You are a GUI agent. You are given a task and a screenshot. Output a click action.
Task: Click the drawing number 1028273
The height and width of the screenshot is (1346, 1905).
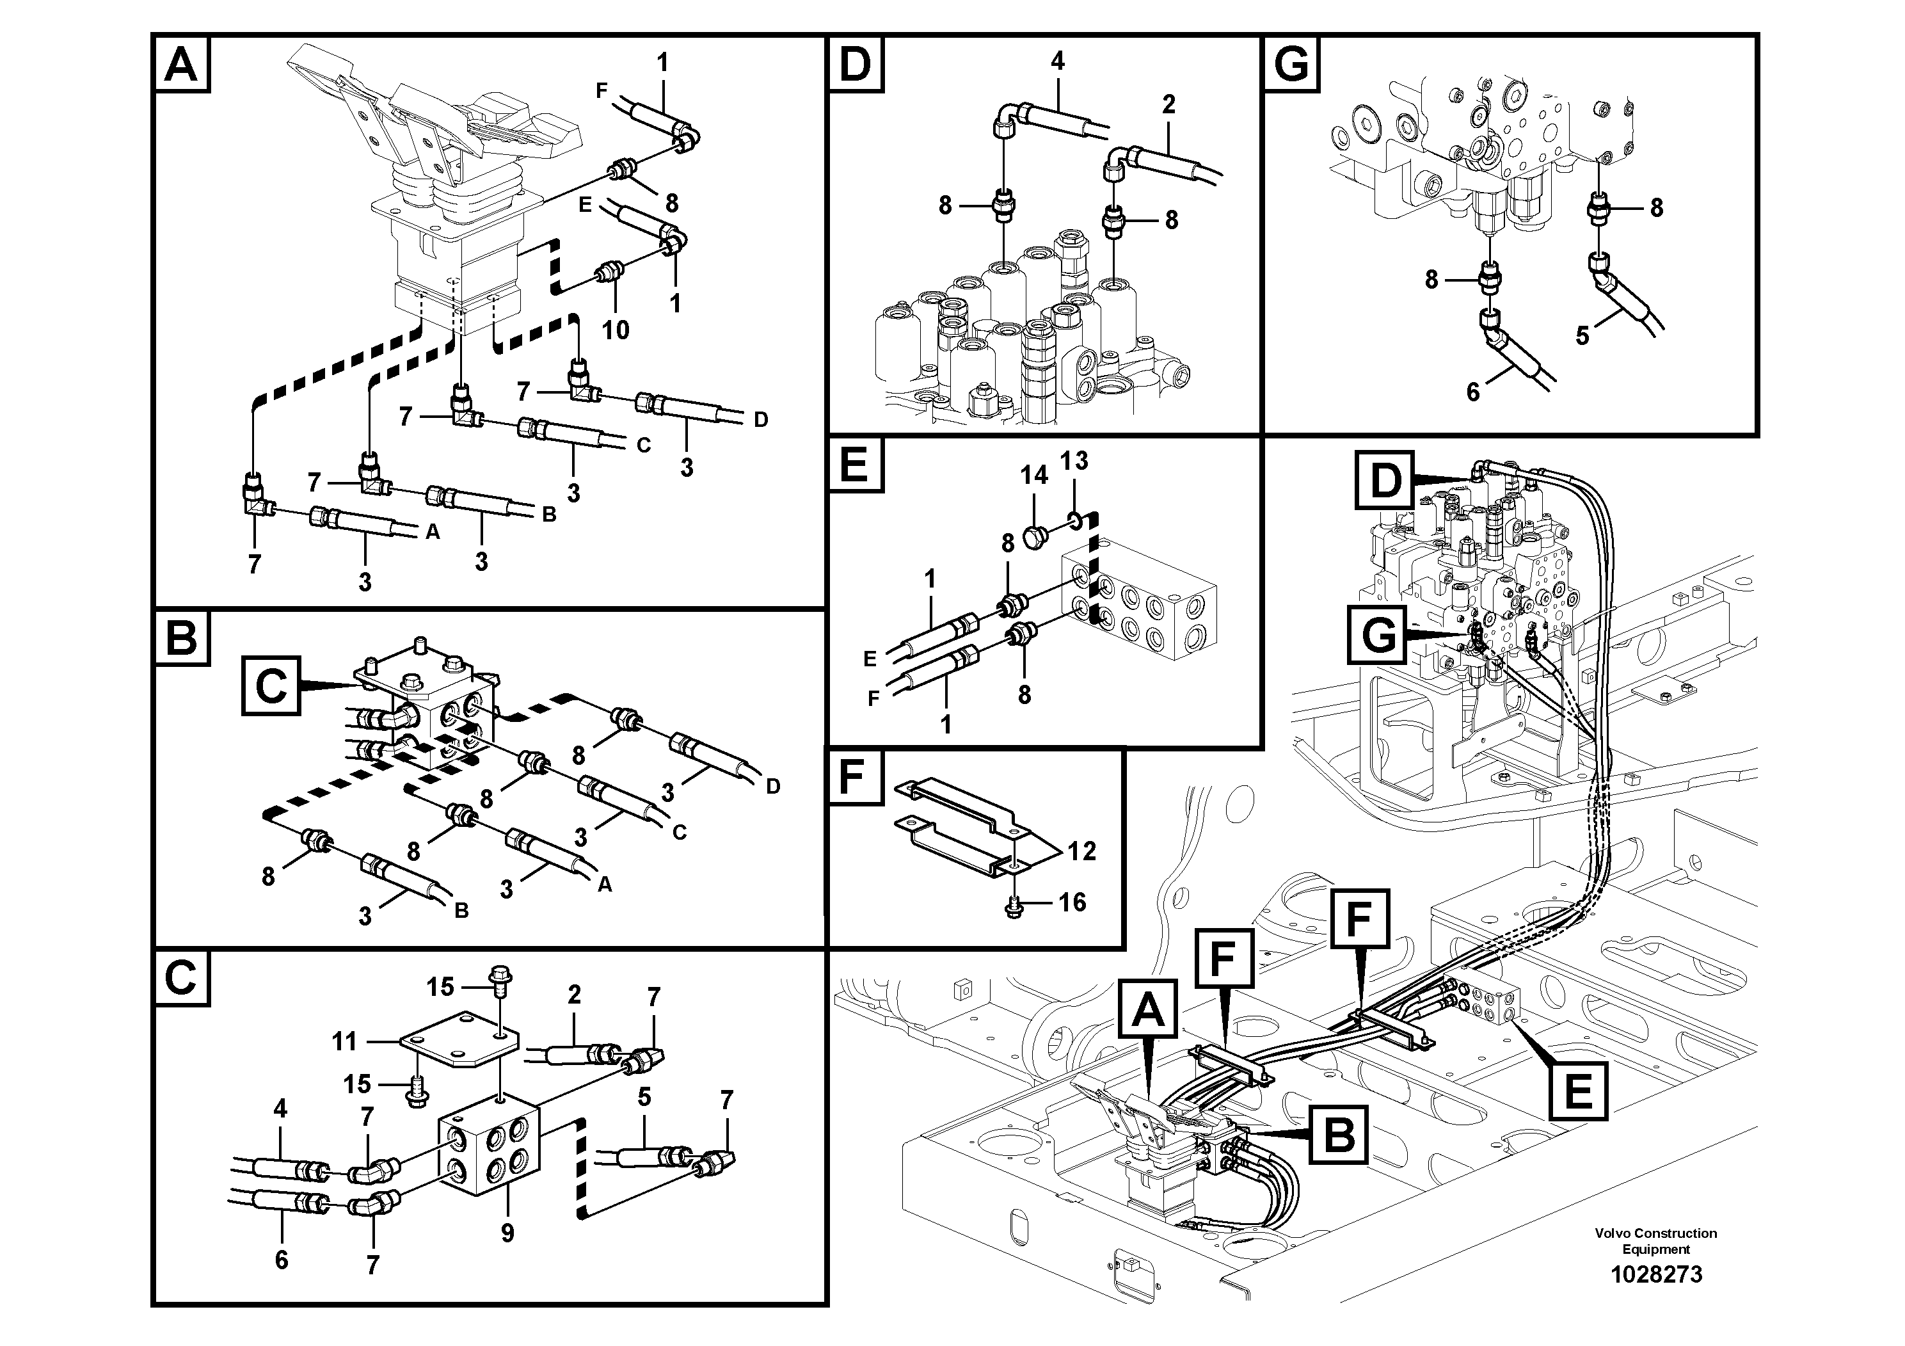pyautogui.click(x=1655, y=1274)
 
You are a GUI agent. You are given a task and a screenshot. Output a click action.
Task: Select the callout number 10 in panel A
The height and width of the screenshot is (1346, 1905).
pyautogui.click(x=615, y=330)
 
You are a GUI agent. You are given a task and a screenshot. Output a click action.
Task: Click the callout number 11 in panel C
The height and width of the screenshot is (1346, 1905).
pyautogui.click(x=344, y=1041)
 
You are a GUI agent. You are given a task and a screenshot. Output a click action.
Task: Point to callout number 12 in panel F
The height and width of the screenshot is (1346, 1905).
pyautogui.click(x=1082, y=851)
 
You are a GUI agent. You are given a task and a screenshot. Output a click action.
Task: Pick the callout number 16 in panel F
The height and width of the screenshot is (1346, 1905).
pyautogui.click(x=1072, y=902)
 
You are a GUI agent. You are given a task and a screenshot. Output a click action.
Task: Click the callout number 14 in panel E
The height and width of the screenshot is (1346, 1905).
pyautogui.click(x=1034, y=475)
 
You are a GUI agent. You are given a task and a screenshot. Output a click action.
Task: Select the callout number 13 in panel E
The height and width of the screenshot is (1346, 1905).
pyautogui.click(x=1074, y=461)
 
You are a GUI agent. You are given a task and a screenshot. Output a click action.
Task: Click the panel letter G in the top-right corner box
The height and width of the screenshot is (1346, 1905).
pyautogui.click(x=1291, y=64)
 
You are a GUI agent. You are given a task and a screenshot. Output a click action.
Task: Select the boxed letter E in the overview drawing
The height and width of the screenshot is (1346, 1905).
pyautogui.click(x=1578, y=1091)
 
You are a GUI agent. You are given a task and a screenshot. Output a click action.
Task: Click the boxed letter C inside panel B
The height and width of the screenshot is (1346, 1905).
pyautogui.click(x=271, y=686)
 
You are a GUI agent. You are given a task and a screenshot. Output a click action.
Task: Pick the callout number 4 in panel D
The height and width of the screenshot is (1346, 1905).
pyautogui.click(x=1057, y=61)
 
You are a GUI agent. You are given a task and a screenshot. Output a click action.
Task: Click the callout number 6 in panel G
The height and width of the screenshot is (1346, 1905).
pyautogui.click(x=1472, y=392)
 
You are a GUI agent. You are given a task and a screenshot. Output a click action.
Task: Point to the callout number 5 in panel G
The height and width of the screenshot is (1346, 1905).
pyautogui.click(x=1582, y=335)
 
